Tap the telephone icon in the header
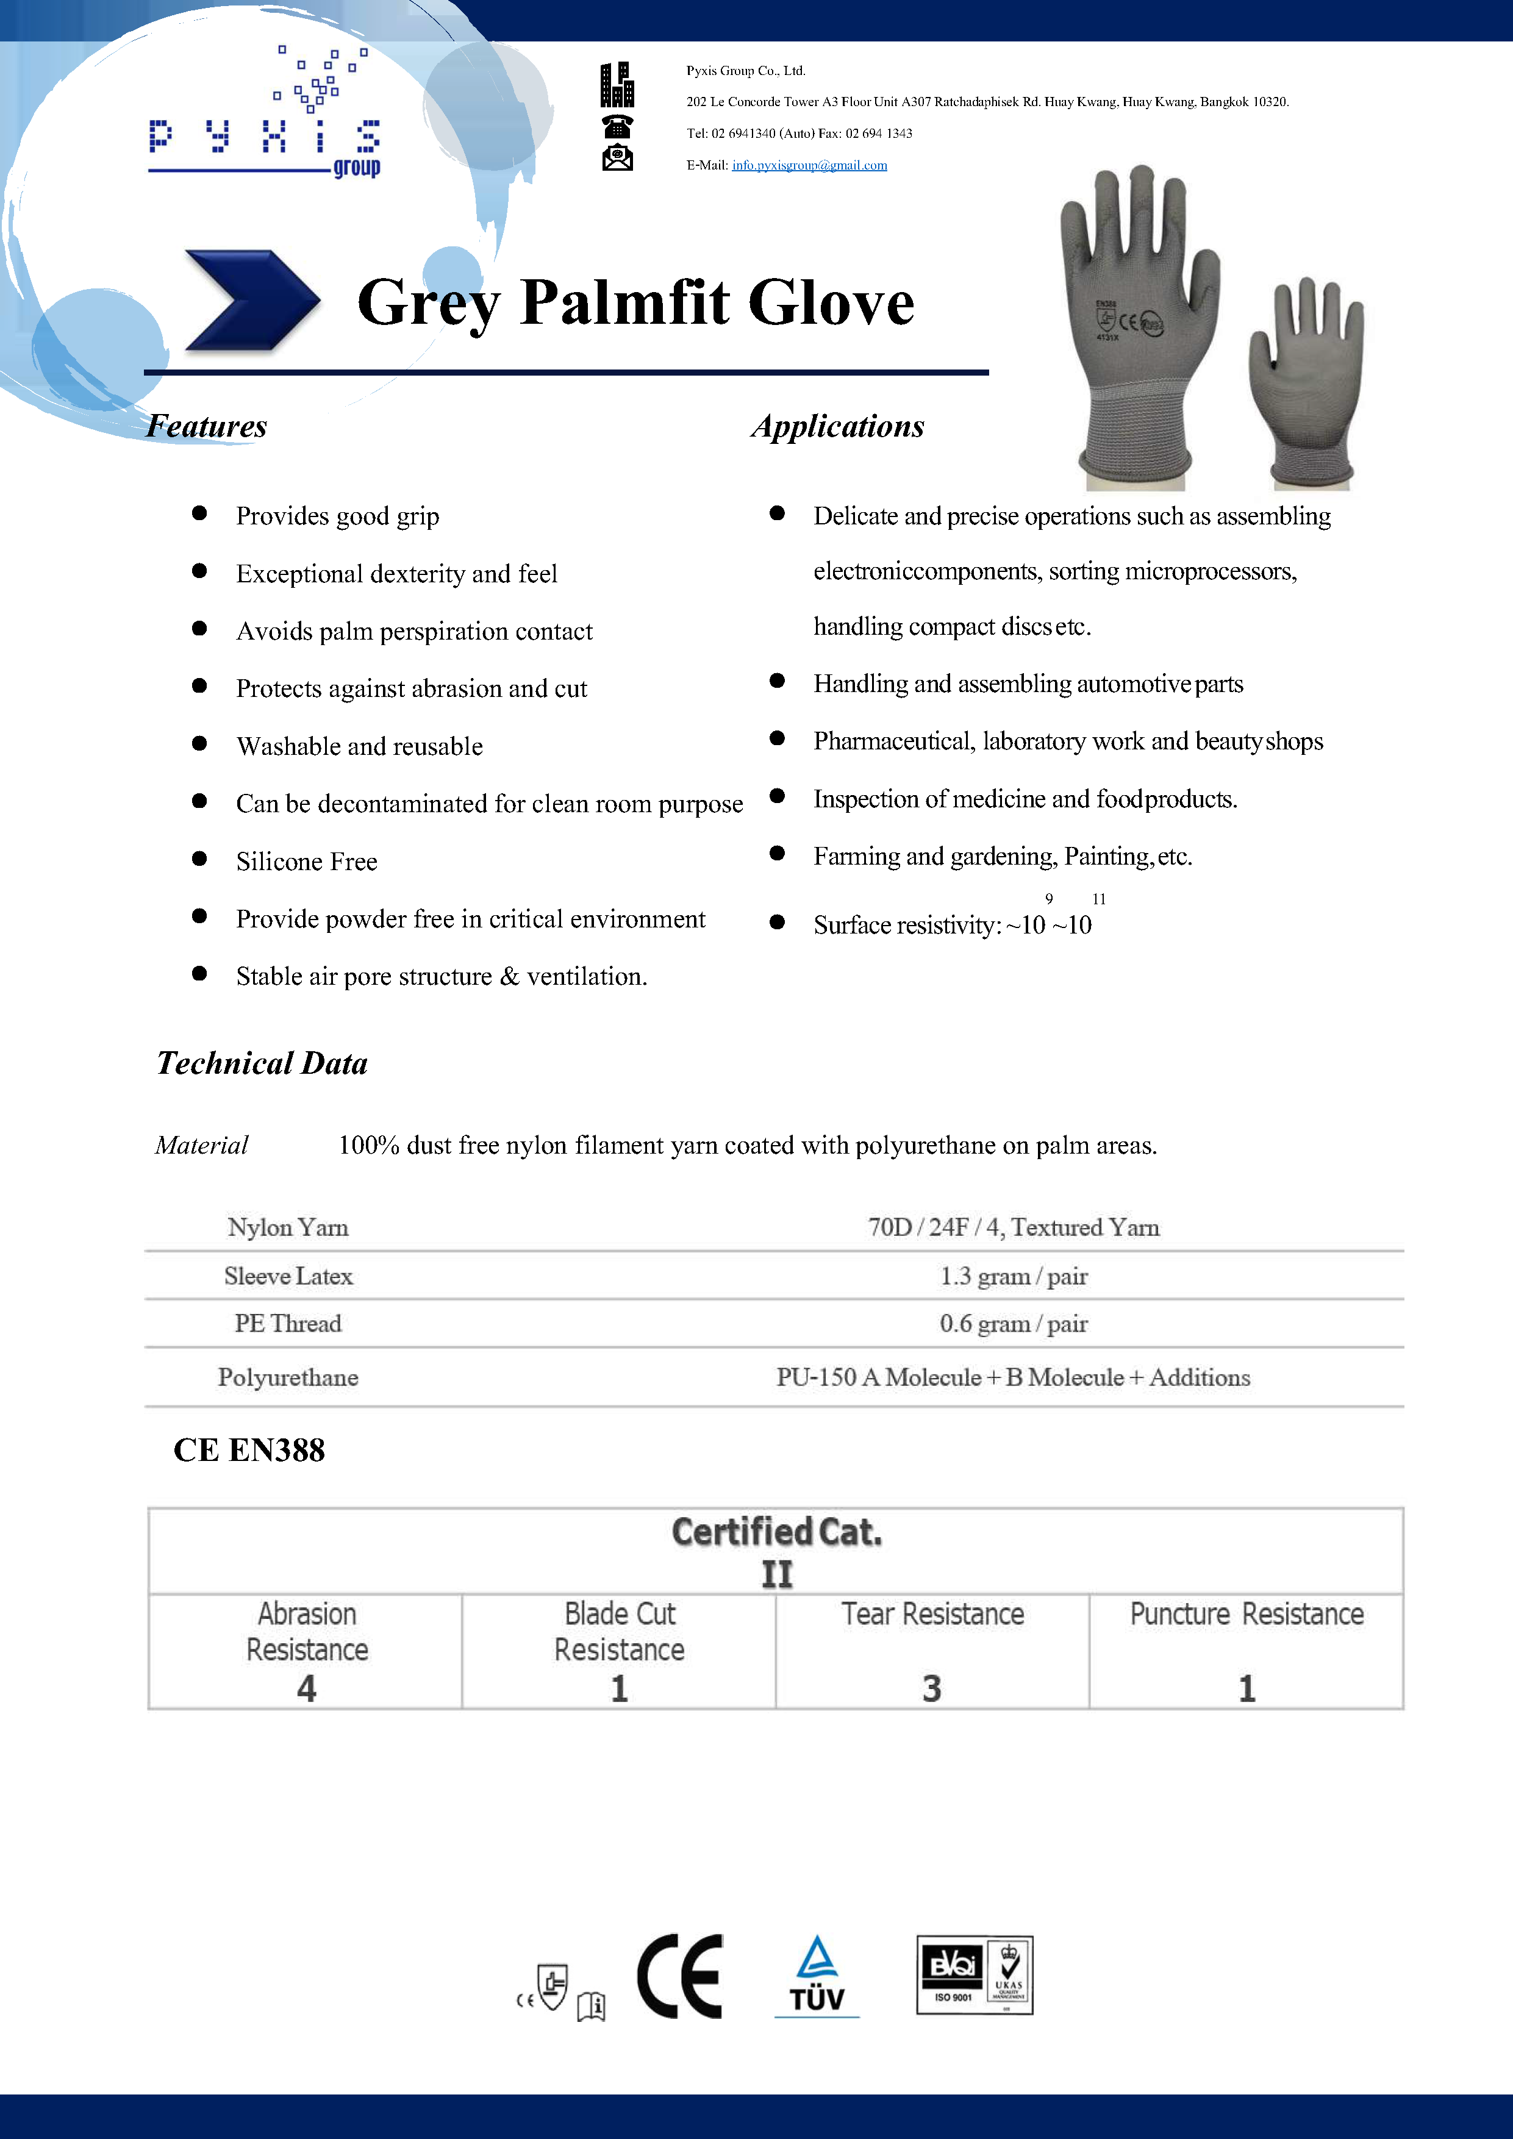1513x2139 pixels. pos(617,125)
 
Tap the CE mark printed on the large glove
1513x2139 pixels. pos(1128,323)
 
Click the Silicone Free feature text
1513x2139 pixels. pos(307,861)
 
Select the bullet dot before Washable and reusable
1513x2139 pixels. pos(199,743)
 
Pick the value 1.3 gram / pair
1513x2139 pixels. pos(1013,1276)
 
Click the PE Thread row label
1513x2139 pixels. pos(288,1323)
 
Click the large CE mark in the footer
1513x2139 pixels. pos(680,1976)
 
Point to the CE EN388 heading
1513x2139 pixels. pos(249,1449)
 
